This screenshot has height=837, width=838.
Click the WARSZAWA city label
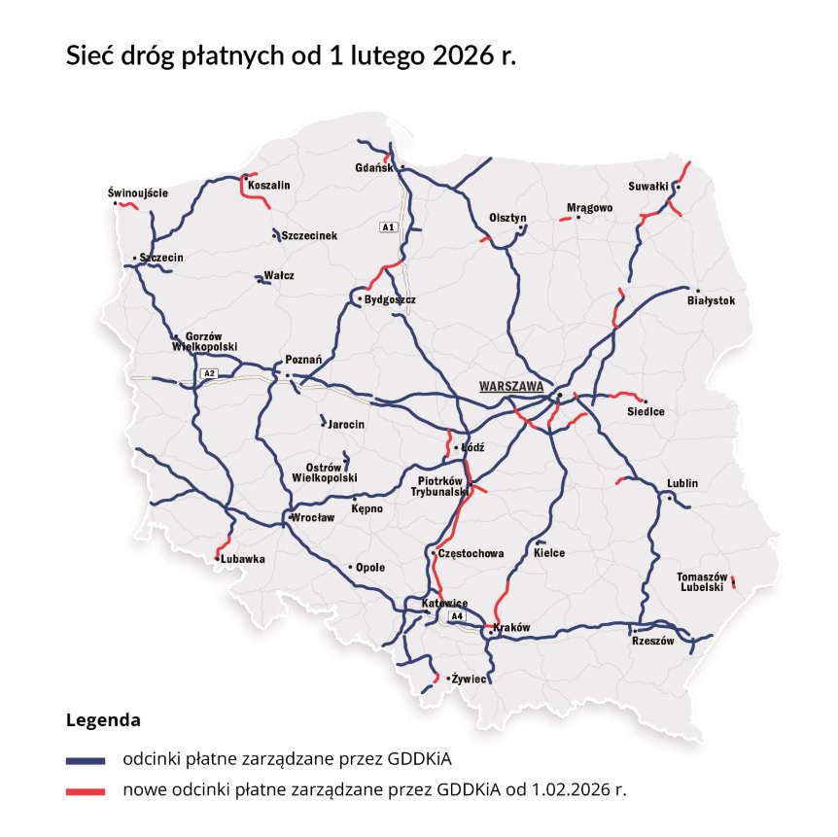click(x=510, y=386)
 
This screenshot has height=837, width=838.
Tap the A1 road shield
click(x=389, y=227)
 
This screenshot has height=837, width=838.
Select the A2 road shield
click(x=208, y=373)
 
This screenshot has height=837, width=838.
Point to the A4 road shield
click(x=457, y=616)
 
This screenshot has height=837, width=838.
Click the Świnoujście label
click(x=138, y=192)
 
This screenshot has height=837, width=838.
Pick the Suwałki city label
click(x=648, y=183)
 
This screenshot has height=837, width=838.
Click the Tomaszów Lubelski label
click(x=703, y=582)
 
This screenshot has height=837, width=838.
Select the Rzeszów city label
click(x=652, y=654)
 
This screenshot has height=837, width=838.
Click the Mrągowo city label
click(x=590, y=207)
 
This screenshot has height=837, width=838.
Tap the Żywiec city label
click(x=469, y=679)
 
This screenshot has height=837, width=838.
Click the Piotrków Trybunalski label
click(x=436, y=486)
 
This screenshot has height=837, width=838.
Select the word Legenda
click(x=103, y=721)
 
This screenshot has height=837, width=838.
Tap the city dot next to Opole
click(x=350, y=567)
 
